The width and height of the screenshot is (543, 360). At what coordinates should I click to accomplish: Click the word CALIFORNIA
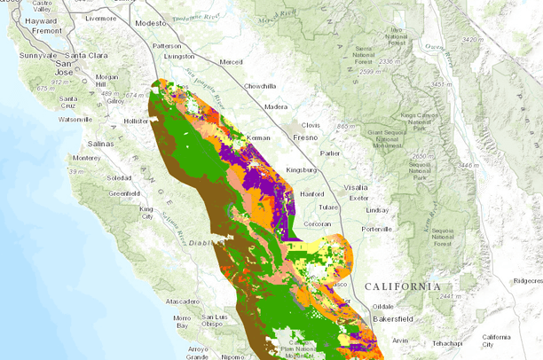coord(402,286)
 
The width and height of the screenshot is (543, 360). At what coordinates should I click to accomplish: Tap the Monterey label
coord(88,157)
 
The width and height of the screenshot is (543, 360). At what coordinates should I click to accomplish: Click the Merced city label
coord(232,62)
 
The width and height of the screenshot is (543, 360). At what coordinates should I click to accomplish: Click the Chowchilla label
coord(257,86)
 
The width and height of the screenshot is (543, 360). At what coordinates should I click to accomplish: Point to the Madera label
coord(276,107)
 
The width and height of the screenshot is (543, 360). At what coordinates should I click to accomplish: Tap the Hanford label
coord(312,193)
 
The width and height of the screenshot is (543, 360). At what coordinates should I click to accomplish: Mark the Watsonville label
coord(76,119)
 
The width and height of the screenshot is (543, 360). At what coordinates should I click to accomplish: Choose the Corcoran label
coord(316,224)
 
